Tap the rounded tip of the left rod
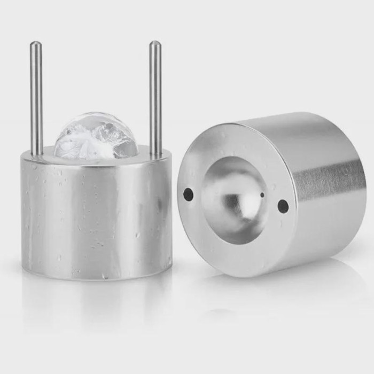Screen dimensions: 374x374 35,44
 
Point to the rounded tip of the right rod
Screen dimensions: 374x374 154,43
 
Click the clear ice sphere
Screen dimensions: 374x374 96,136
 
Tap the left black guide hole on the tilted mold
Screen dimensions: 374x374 189,194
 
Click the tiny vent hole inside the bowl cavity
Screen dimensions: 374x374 262,196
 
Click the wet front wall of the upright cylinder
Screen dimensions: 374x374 96,214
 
